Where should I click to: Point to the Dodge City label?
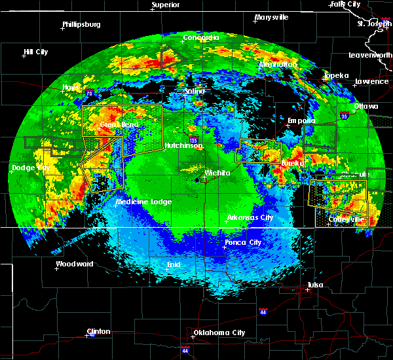click(x=31, y=168)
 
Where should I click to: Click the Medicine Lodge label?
click(x=143, y=202)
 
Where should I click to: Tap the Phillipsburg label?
click(x=81, y=25)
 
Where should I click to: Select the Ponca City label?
click(x=243, y=242)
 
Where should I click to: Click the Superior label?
click(x=166, y=5)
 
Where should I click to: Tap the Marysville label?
click(x=272, y=17)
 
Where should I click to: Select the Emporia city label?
click(x=302, y=120)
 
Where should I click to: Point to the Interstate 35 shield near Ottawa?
click(x=345, y=117)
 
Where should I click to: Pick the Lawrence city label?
click(x=371, y=82)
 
